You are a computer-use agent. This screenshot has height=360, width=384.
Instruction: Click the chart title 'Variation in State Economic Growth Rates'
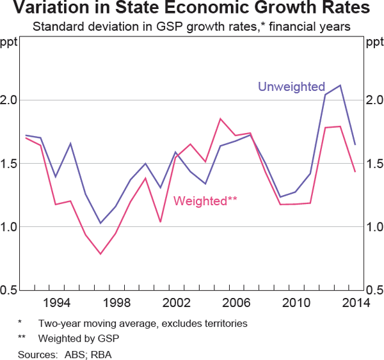click(x=192, y=10)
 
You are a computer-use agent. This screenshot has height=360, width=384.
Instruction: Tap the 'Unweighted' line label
click(x=291, y=87)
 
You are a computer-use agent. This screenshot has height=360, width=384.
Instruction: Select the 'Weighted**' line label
click(x=205, y=201)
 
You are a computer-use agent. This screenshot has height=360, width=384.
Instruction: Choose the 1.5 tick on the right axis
click(x=373, y=164)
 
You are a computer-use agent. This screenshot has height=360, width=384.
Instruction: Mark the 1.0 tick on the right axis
click(x=373, y=227)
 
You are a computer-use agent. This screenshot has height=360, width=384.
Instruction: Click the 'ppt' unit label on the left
click(x=10, y=43)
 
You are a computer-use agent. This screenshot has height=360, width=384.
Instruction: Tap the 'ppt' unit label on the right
click(x=374, y=43)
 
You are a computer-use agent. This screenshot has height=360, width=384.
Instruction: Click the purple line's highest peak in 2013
click(x=340, y=85)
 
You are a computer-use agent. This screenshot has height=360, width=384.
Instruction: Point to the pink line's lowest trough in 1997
click(x=100, y=254)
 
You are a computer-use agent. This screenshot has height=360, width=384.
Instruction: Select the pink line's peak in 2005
click(x=220, y=119)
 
